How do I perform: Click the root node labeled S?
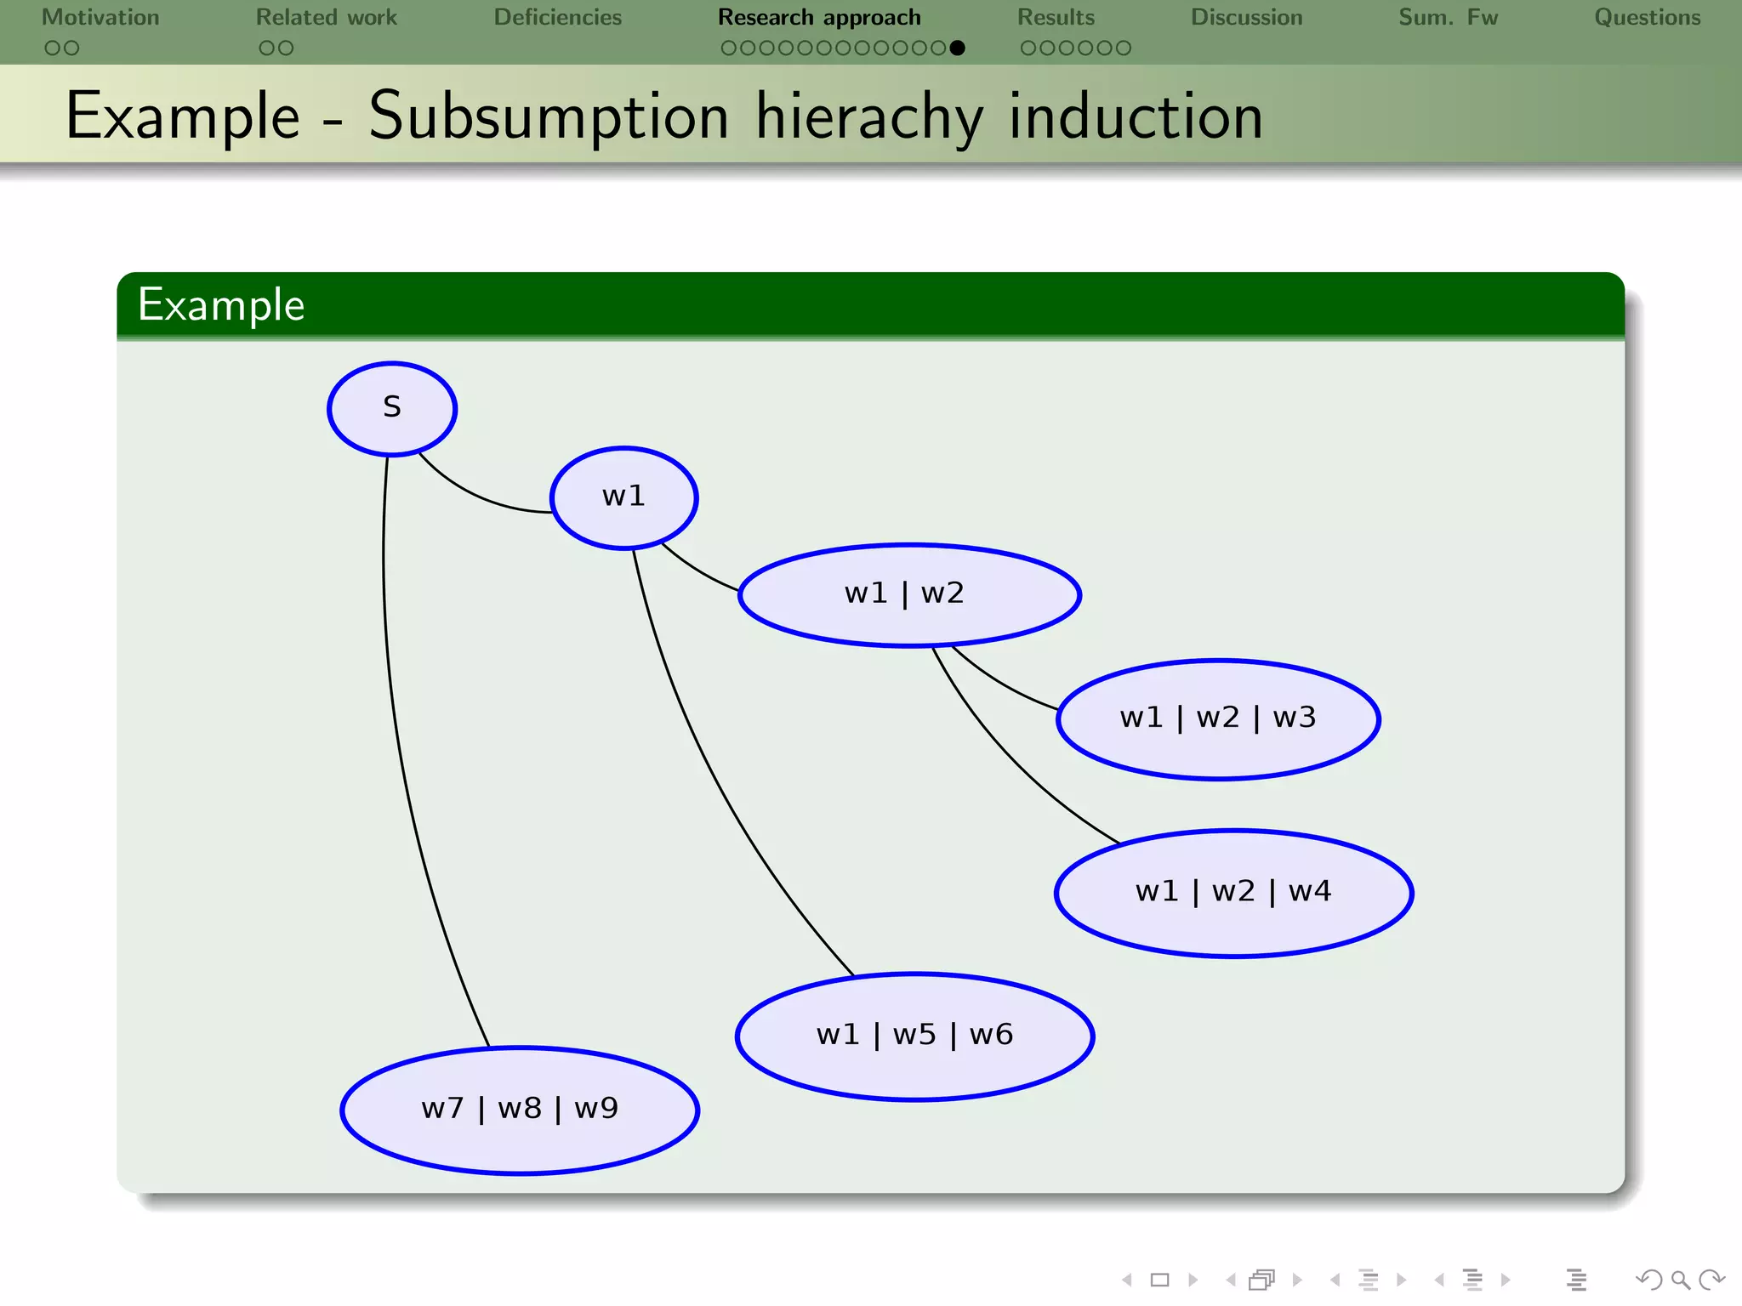point(392,408)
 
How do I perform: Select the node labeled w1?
point(623,497)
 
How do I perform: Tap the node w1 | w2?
point(909,594)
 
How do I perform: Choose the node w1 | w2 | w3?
point(1218,718)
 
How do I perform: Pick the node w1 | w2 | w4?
point(1233,893)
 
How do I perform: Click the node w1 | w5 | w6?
point(914,1036)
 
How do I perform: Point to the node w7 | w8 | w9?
point(520,1110)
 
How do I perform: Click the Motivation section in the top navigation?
point(100,18)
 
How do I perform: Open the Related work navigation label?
point(327,18)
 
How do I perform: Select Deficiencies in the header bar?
point(558,18)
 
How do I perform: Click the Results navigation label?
point(1056,18)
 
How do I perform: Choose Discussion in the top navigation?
point(1246,18)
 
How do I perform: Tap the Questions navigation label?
point(1647,18)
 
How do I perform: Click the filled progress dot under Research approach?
point(957,48)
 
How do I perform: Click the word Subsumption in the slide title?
point(549,116)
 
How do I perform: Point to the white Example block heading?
point(221,305)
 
